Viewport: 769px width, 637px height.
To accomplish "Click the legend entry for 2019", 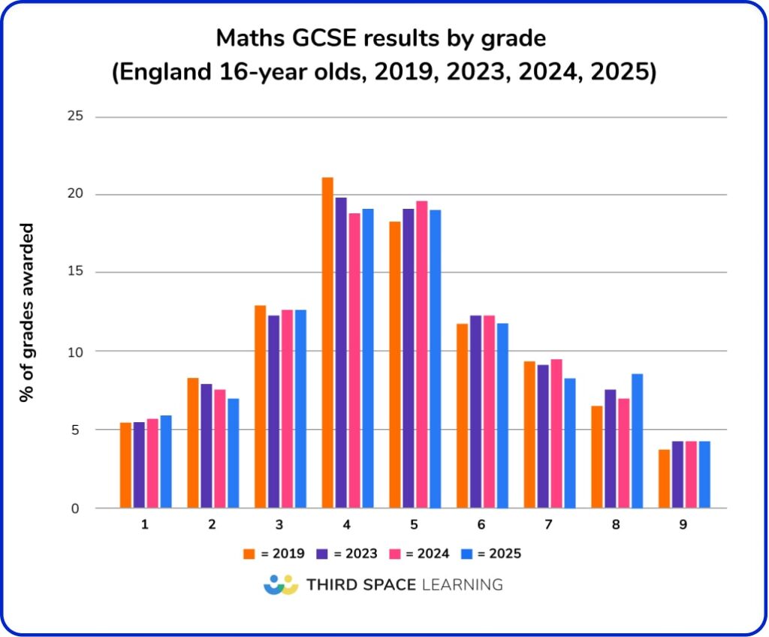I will click(274, 554).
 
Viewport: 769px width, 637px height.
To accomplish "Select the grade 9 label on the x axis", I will click(683, 524).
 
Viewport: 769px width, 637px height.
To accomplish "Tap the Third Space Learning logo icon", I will click(282, 584).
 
